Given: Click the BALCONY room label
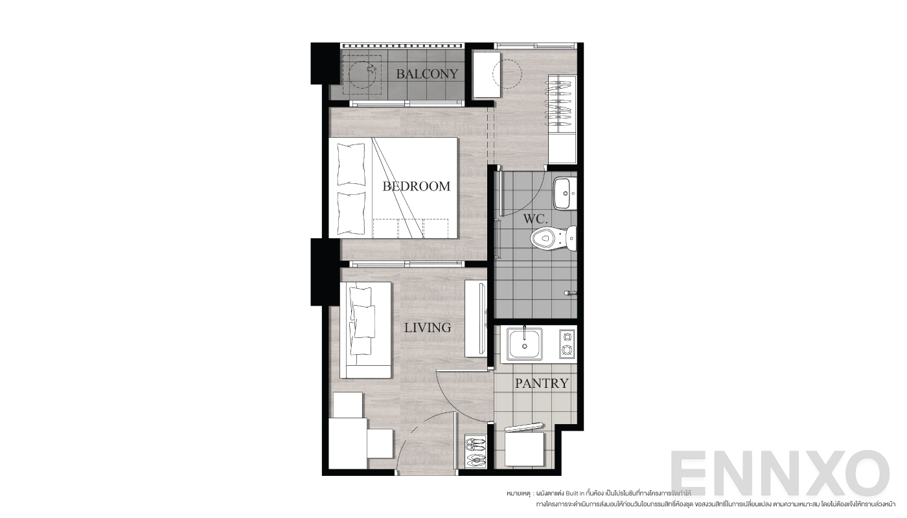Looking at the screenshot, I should coord(427,74).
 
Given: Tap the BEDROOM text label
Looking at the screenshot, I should coord(416,186).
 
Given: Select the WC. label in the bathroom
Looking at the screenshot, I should coord(536,220).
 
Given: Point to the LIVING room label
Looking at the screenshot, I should coord(428,328).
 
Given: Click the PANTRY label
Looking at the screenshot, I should coord(542,383).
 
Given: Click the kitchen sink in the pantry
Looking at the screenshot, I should coord(525,344).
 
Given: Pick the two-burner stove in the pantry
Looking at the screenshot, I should coord(567,344).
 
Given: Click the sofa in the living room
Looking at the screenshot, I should coord(365,330).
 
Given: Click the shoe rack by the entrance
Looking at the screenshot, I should coord(475,452).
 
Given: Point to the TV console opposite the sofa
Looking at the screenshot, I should coord(476,318).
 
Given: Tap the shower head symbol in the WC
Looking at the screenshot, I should coord(569,293).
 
